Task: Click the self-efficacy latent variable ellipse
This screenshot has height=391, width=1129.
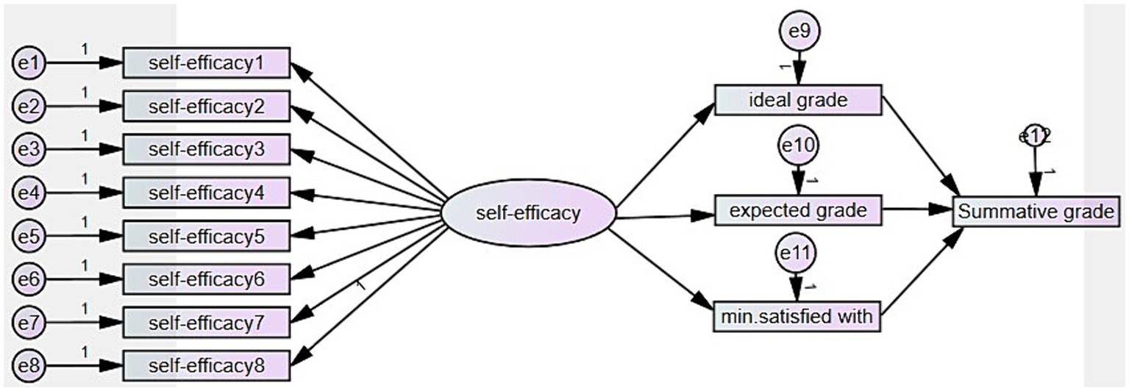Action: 528,214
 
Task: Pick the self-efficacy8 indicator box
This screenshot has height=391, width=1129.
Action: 206,365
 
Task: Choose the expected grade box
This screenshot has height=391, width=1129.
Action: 797,211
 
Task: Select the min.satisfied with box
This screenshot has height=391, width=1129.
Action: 797,318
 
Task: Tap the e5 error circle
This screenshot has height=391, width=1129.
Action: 29,237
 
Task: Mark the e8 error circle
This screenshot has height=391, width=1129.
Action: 29,365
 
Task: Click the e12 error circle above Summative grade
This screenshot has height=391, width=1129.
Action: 1035,136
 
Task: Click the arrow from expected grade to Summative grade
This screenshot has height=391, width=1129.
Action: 916,210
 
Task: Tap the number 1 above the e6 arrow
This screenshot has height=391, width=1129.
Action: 84,265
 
